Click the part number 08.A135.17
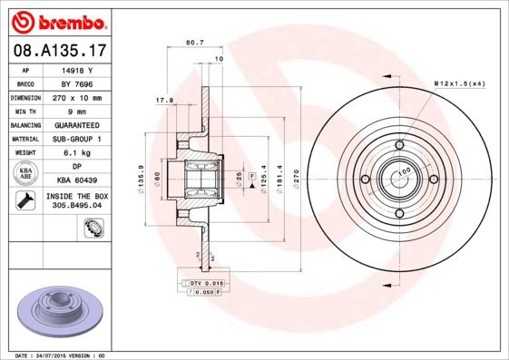59,52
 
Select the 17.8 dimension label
164,101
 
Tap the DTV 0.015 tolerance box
205,284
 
